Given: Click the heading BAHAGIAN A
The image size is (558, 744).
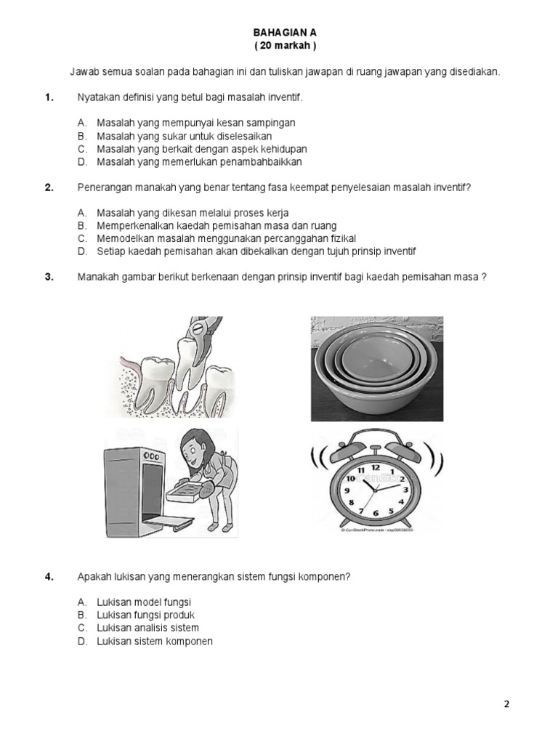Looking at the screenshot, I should click(284, 33).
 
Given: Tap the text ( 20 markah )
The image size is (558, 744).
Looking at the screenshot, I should click(285, 46).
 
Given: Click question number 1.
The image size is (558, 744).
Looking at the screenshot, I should click(49, 97).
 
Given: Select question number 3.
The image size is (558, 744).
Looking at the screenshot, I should click(49, 276).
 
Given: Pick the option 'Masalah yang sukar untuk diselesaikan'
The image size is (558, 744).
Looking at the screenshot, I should click(185, 136).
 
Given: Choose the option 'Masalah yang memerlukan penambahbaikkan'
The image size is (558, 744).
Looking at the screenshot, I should click(199, 162).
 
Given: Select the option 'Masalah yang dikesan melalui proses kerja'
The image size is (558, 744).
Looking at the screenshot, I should click(193, 213).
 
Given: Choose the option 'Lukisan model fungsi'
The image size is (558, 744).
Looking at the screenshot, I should click(144, 602).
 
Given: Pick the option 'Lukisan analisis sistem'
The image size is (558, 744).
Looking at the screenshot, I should click(147, 628).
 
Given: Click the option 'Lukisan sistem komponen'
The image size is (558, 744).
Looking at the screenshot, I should click(155, 641).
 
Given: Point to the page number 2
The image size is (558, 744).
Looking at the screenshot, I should click(507, 704).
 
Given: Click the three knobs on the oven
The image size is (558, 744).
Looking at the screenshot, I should click(151, 455).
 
